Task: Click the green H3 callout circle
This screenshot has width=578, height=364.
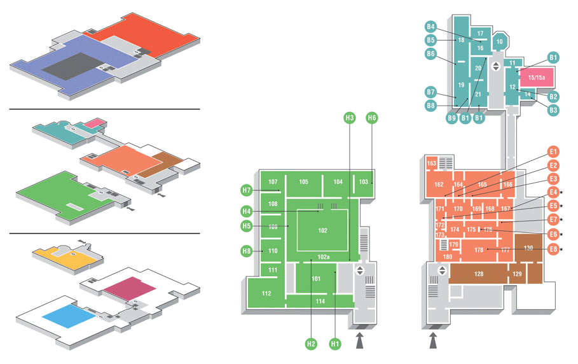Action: coord(349,118)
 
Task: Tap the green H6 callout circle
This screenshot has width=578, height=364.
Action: coord(372,118)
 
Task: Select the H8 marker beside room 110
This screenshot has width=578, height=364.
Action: coord(247,251)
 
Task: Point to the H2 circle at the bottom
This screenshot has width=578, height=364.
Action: coord(311,344)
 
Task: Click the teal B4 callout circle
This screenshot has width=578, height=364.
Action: coord(430,27)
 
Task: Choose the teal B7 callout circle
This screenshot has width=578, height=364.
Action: coord(430,92)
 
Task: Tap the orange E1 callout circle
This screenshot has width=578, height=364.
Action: coord(553,152)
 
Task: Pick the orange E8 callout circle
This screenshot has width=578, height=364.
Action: coord(553,249)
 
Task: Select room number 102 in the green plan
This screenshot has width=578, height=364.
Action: coord(323,230)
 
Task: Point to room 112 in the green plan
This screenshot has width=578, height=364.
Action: coord(266,293)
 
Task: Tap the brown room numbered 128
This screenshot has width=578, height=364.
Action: coord(479,274)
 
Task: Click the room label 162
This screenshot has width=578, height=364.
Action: coord(439,185)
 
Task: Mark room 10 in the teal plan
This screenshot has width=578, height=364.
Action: coord(499,42)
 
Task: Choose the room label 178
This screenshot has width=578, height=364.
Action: coord(479,250)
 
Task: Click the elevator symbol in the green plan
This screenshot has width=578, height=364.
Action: coord(359,271)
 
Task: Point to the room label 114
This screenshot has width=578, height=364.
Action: coord(320,301)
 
